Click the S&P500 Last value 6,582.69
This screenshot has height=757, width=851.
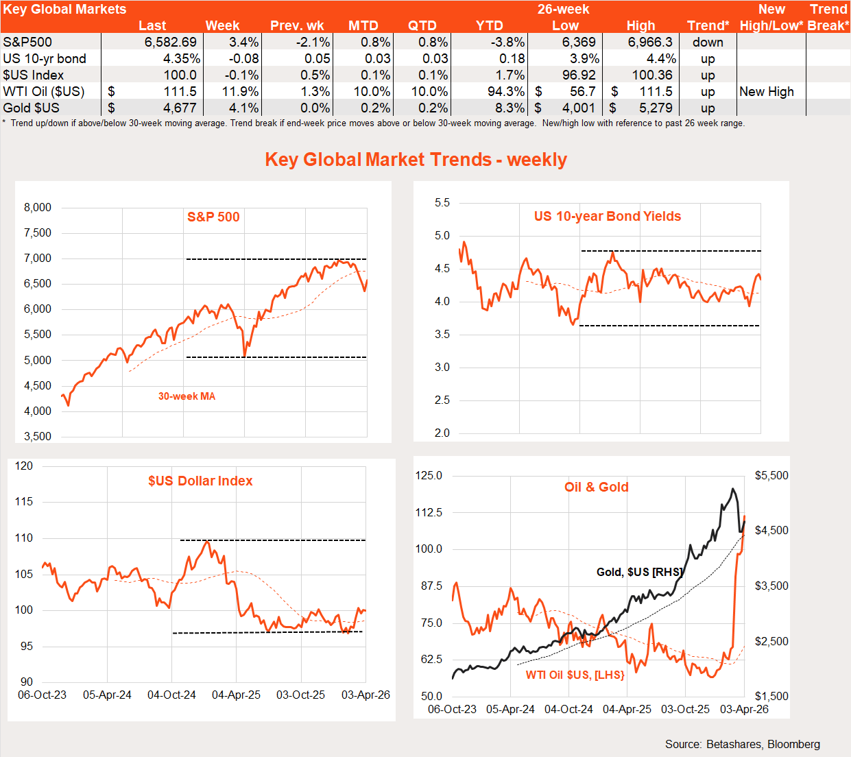click(170, 42)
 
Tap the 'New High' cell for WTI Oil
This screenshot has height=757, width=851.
click(767, 91)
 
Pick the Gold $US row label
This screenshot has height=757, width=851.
click(32, 108)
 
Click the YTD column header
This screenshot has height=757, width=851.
click(489, 25)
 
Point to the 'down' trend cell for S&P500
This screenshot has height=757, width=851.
click(708, 42)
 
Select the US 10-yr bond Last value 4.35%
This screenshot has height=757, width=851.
click(181, 58)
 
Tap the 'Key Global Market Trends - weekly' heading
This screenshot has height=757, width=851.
click(416, 159)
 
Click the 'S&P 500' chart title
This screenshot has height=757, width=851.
click(213, 217)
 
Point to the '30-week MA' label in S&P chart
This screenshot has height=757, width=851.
click(187, 396)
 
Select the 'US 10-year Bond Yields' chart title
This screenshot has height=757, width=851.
click(607, 216)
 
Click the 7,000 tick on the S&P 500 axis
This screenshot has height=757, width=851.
click(38, 258)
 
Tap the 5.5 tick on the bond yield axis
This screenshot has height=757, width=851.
click(442, 202)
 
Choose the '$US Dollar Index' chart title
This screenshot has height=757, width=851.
click(200, 481)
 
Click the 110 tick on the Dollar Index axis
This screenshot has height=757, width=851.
click(24, 538)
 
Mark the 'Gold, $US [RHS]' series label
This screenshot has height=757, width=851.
click(639, 572)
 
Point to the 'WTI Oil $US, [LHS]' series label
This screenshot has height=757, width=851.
click(575, 675)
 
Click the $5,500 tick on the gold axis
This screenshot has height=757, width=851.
click(771, 475)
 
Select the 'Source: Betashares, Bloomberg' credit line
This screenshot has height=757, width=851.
click(742, 744)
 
